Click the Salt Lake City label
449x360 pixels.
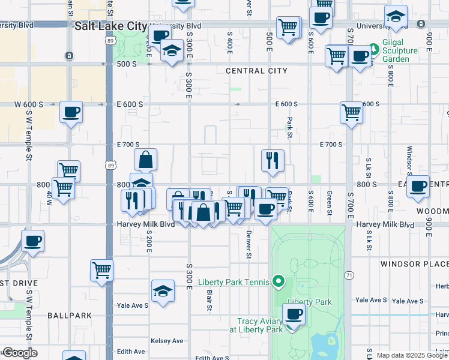tap(111, 26)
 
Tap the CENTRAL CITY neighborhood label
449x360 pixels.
tap(256, 71)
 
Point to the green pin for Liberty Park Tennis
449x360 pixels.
tap(278, 280)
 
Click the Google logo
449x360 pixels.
tap(20, 353)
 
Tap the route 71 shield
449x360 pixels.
tap(348, 275)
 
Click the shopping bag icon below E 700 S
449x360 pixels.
tap(145, 160)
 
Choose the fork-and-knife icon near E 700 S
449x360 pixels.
tap(273, 160)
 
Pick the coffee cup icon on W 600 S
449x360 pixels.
tap(71, 112)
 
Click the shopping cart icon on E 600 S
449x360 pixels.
tap(351, 112)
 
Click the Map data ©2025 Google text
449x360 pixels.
tap(411, 355)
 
